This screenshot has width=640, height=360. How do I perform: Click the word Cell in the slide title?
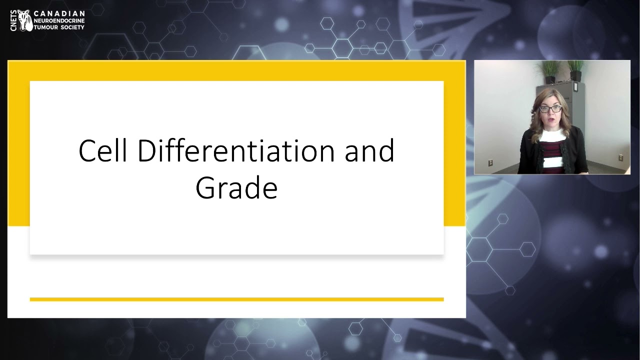tap(102, 150)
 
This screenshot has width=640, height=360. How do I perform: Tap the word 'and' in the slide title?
tap(369, 150)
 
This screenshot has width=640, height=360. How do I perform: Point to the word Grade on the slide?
tap(236, 189)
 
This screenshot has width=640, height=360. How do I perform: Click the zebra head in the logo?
tap(25, 20)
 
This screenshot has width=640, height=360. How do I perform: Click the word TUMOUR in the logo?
tap(44, 27)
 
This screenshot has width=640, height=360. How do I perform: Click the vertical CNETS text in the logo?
tap(13, 20)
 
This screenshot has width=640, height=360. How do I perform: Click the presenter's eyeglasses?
tap(550, 108)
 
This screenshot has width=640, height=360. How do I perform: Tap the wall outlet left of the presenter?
tap(490, 162)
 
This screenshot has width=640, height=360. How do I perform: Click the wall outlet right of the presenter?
tap(620, 157)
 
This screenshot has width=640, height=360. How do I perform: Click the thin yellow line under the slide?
tap(236, 299)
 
